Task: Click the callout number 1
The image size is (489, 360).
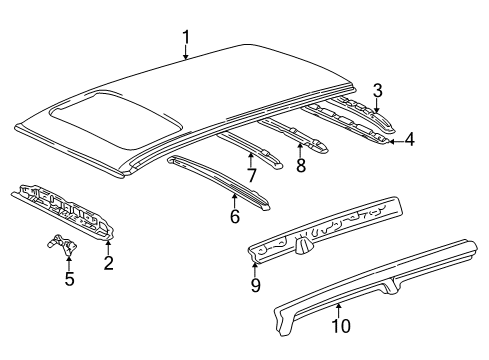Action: tap(186, 37)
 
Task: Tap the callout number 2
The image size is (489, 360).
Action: tap(108, 262)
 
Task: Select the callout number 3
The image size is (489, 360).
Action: tap(376, 91)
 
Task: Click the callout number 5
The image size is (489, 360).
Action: tap(69, 279)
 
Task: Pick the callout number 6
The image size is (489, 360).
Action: tap(235, 215)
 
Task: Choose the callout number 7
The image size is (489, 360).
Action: tap(252, 176)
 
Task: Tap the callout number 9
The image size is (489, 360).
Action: tap(255, 285)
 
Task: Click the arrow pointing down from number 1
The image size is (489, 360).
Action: tap(186, 54)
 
